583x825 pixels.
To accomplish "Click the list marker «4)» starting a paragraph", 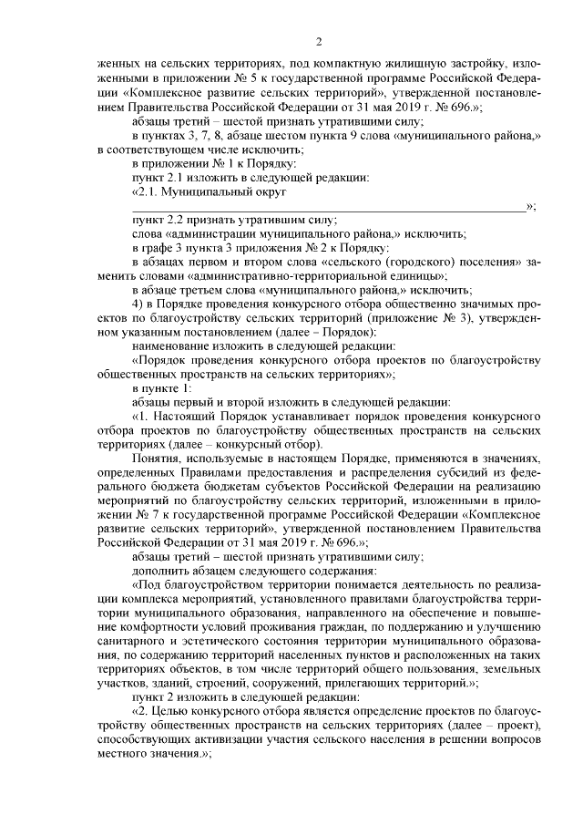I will tap(139, 302).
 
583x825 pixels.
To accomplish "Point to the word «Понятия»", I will tap(155, 459).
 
